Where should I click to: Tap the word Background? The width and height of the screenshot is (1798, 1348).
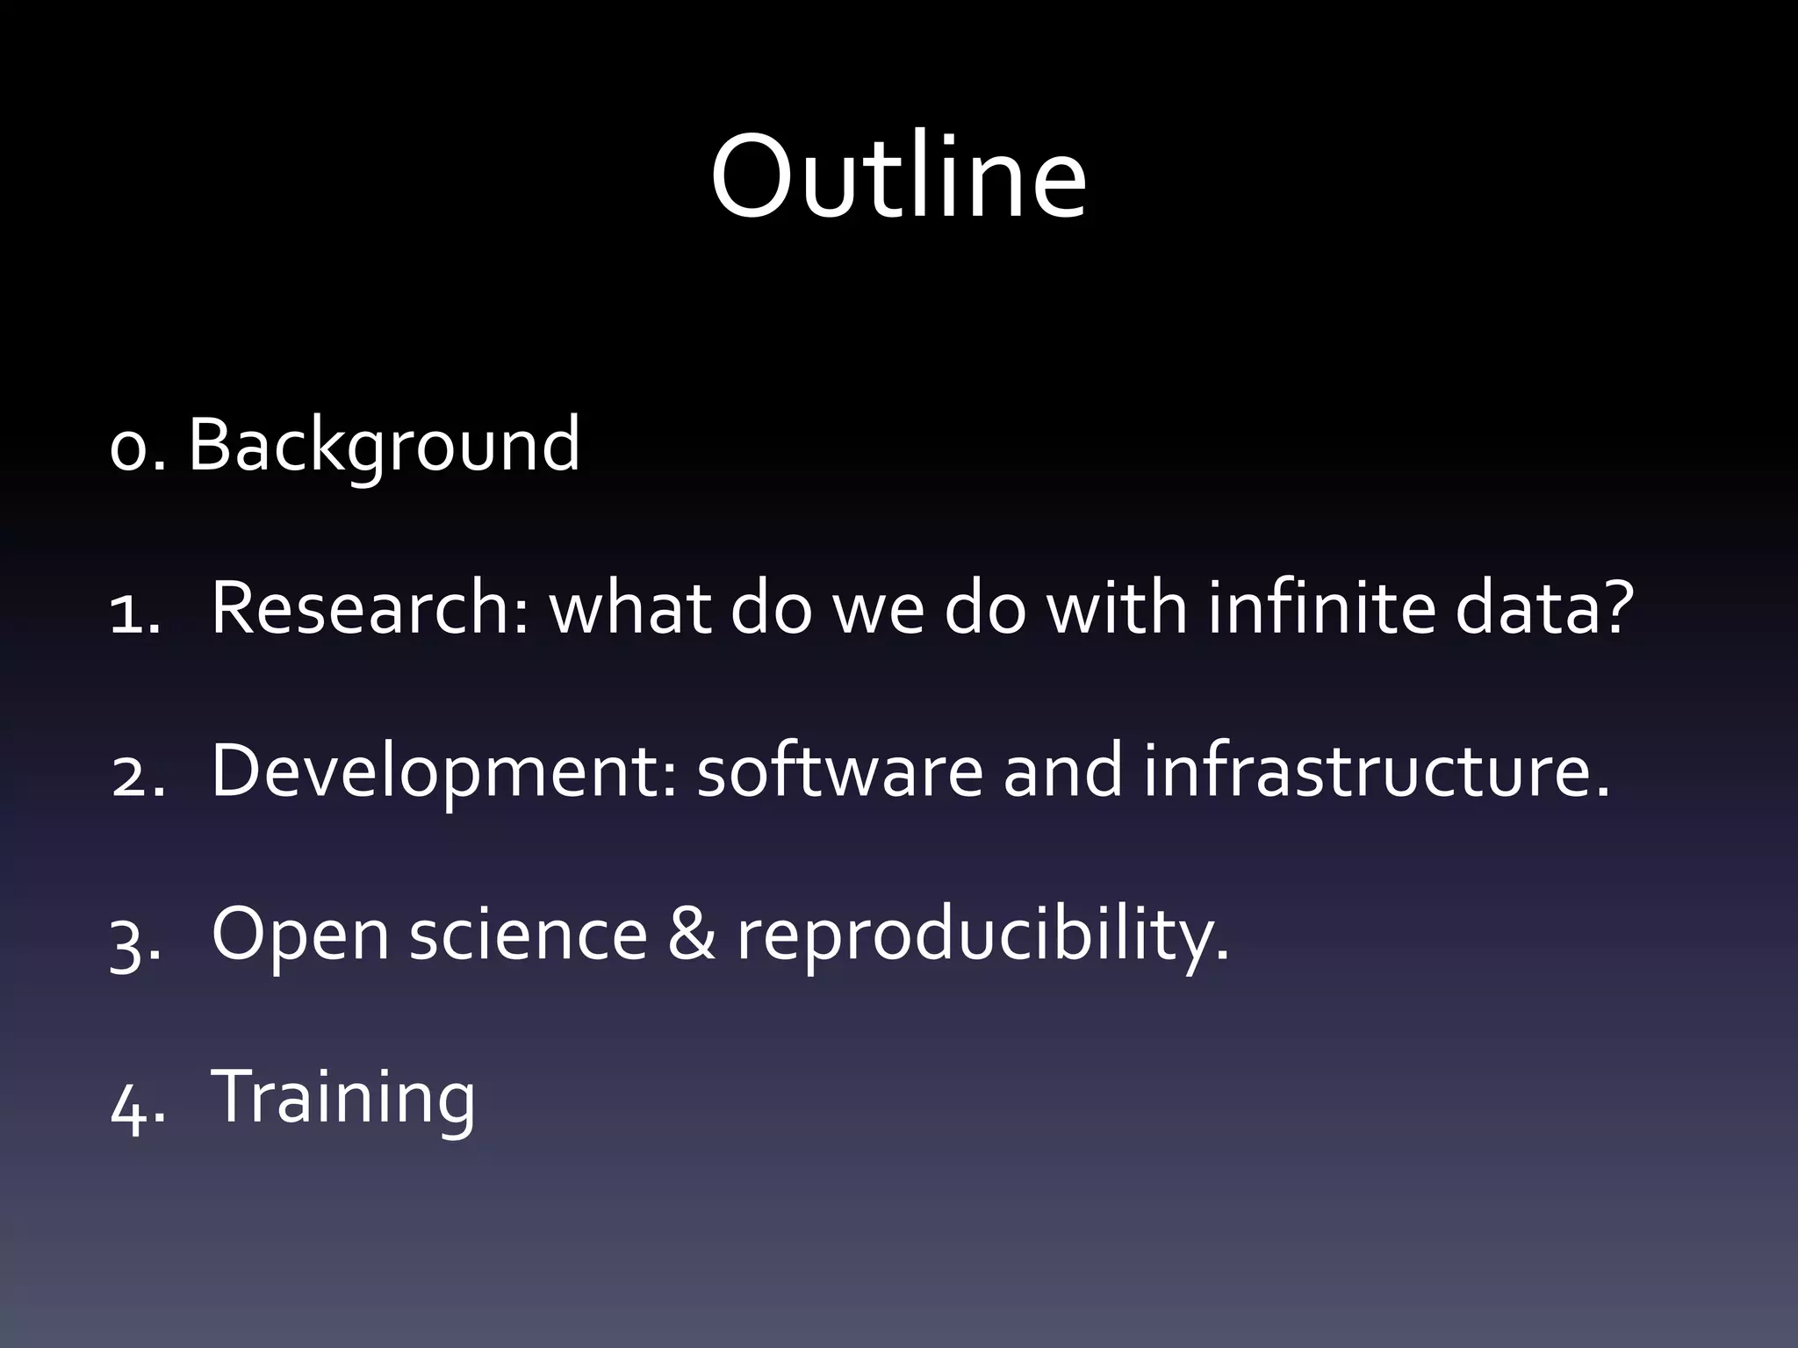click(x=384, y=446)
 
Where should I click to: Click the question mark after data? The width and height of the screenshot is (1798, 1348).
click(x=1614, y=607)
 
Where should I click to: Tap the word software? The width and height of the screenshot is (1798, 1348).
click(x=839, y=771)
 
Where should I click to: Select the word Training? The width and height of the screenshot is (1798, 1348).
click(x=343, y=1097)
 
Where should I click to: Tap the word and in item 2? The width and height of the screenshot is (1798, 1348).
click(x=1062, y=771)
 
